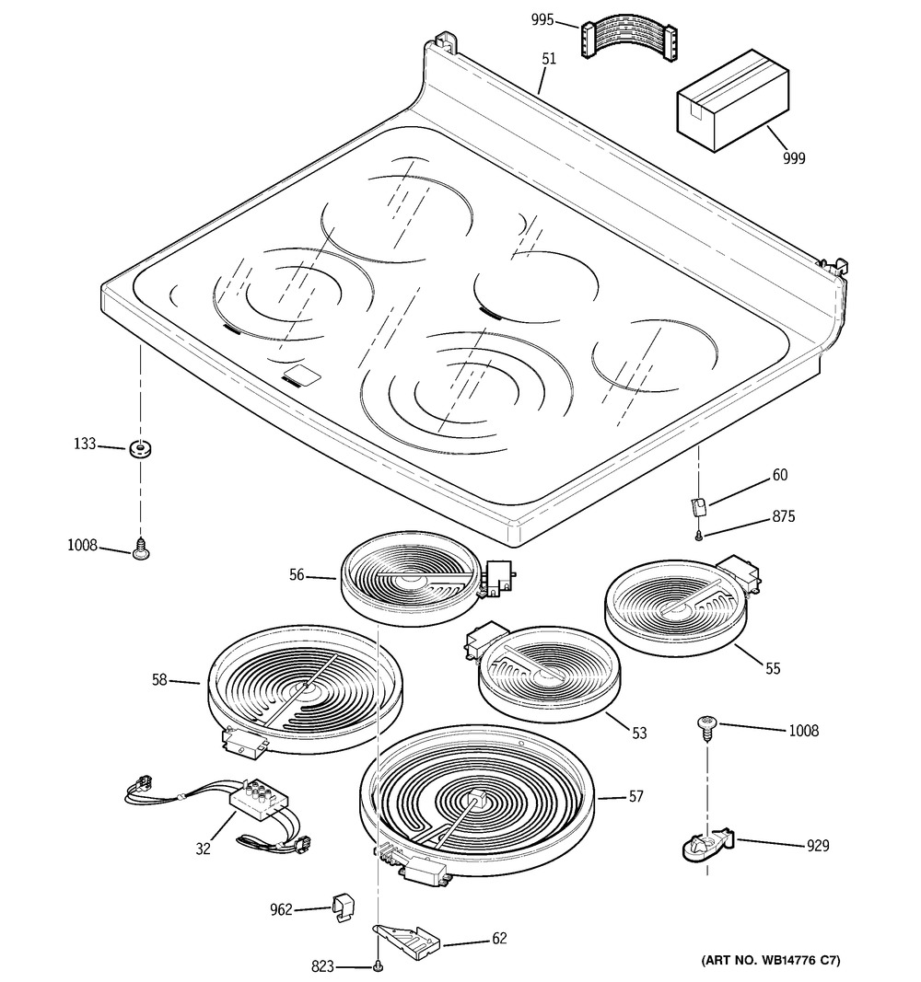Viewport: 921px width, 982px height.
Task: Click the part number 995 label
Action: coord(542,20)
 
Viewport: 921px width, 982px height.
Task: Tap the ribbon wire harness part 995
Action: coord(629,42)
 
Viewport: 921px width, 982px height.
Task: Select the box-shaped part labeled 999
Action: coord(732,100)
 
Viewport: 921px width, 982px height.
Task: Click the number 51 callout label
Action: coord(549,59)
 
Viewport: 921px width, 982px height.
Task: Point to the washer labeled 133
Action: coord(140,449)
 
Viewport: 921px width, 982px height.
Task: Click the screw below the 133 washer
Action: coord(142,550)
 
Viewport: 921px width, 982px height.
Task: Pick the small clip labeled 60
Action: coord(698,504)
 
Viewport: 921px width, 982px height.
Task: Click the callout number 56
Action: coord(297,575)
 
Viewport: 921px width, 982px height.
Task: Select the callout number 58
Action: coord(159,679)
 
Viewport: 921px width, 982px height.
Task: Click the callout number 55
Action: coord(773,669)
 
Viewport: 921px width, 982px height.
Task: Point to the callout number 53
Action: coord(639,733)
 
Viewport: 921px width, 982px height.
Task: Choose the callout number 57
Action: coord(635,797)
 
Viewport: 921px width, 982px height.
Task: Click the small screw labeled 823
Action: coord(378,967)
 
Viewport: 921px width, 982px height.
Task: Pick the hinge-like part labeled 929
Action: coord(706,844)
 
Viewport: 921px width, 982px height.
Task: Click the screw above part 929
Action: coord(705,729)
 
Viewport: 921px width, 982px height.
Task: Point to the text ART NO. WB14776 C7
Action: coord(770,960)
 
